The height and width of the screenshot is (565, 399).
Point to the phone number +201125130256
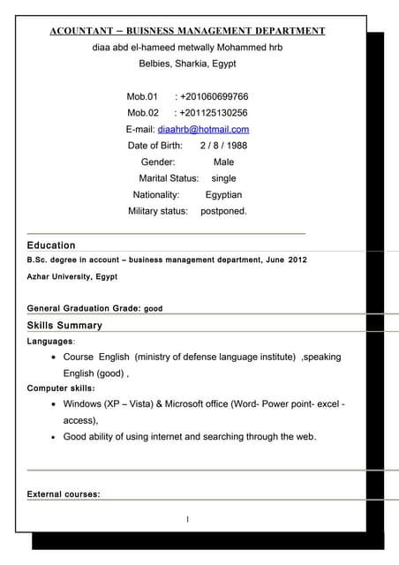213,113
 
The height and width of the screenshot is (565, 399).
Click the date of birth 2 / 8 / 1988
223,146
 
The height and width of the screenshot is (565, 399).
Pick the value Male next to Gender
223,162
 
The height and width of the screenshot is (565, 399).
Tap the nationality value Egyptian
223,195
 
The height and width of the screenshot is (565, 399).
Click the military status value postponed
223,211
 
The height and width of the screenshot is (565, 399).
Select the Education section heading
51,245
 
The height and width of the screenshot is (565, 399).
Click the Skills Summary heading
64,325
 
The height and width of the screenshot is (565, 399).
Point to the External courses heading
64,493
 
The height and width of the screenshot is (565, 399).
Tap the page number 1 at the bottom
187,519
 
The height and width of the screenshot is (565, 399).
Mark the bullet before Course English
55,358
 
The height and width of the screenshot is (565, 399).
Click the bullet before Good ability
55,437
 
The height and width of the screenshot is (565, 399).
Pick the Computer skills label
61,388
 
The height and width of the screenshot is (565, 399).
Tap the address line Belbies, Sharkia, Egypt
187,64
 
